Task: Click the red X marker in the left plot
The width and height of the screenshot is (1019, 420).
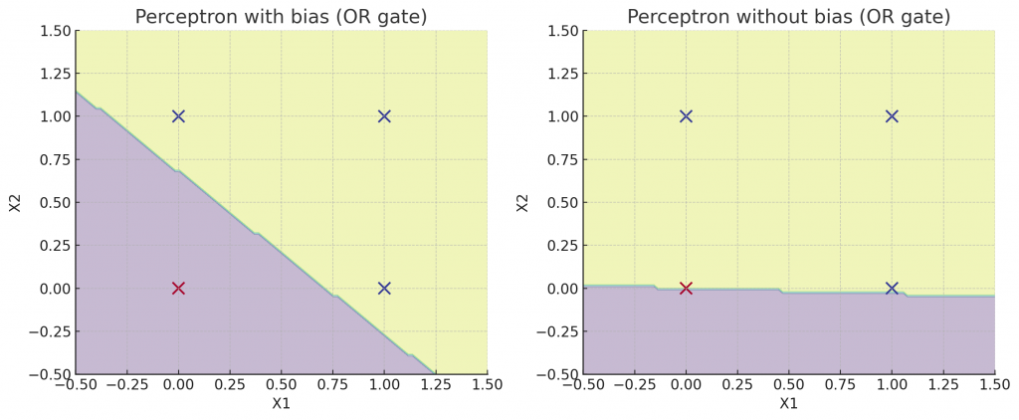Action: click(178, 289)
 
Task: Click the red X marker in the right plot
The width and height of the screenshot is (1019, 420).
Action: click(686, 289)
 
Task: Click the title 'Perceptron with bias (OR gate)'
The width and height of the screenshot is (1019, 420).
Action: click(282, 17)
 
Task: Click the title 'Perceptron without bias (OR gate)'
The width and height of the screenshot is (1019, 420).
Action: click(788, 17)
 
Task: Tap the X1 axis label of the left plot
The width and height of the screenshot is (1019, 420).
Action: click(282, 404)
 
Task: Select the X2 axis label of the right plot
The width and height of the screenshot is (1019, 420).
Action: click(521, 203)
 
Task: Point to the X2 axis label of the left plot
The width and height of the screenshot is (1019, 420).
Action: click(14, 203)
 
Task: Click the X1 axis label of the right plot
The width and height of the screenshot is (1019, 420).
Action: click(788, 404)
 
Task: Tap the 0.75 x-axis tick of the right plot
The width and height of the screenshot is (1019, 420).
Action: click(840, 383)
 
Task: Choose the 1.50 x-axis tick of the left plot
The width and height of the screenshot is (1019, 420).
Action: click(487, 383)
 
